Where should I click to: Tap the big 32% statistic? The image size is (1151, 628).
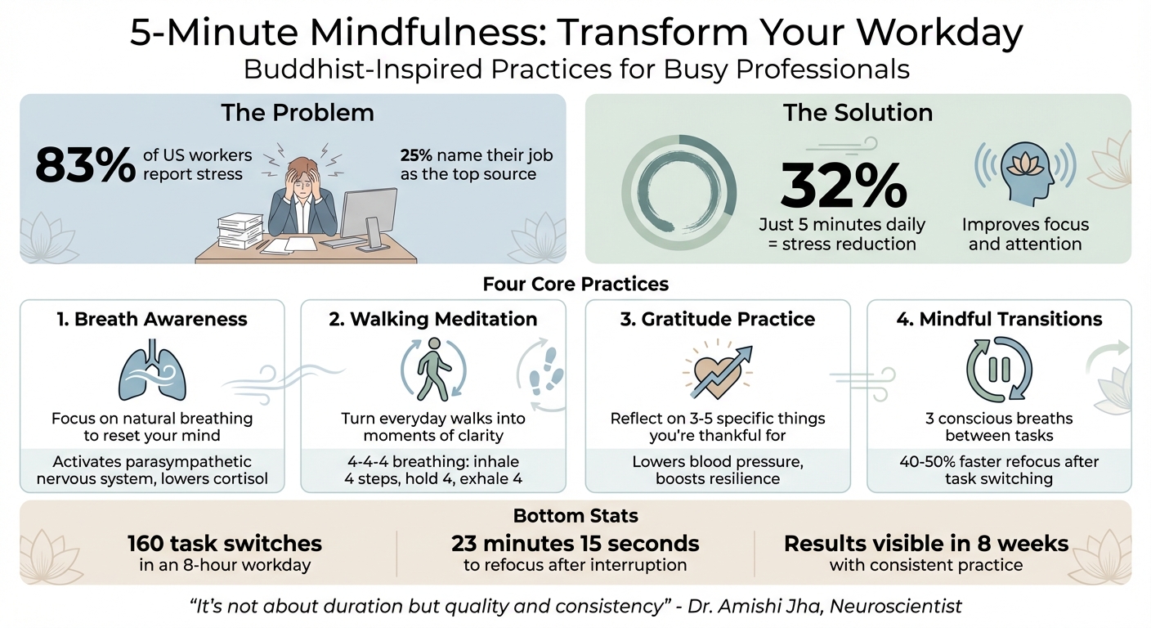(x=844, y=186)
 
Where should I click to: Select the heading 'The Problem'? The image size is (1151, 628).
(x=297, y=112)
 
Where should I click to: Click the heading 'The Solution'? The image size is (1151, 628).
(x=858, y=112)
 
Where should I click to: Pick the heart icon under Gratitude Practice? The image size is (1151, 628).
(x=713, y=373)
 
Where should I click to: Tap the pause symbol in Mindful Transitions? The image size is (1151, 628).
(x=998, y=370)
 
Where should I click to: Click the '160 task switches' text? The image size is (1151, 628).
(x=225, y=543)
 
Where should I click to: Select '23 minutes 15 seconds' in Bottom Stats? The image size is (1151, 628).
(x=575, y=543)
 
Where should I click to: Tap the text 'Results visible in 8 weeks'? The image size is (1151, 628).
(x=926, y=543)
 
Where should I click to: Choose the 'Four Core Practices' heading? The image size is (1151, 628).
(x=575, y=284)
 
